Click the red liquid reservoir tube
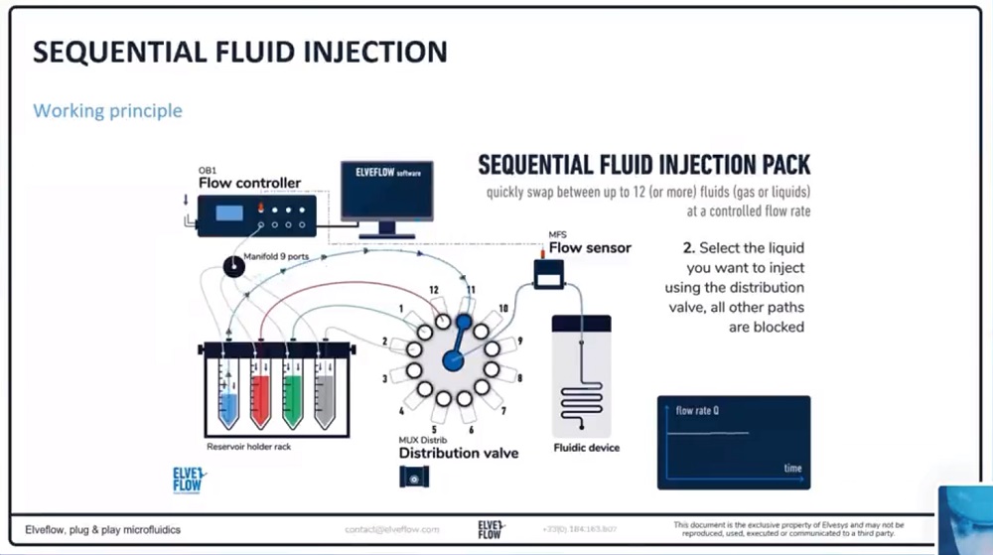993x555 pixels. point(260,394)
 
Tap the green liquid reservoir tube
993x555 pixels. point(292,394)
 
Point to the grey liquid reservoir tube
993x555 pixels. point(324,394)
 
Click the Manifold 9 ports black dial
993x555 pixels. point(233,266)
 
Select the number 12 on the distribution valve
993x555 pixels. point(434,289)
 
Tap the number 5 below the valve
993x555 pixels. point(434,429)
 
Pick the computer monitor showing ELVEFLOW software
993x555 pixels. point(387,194)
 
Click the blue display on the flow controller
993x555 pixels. point(230,212)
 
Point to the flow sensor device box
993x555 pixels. point(548,275)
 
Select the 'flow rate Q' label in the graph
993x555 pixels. point(697,410)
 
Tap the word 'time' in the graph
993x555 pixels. point(792,468)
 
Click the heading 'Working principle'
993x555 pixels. point(107,110)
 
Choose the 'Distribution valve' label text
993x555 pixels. point(459,453)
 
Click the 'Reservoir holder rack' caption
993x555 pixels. point(248,446)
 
